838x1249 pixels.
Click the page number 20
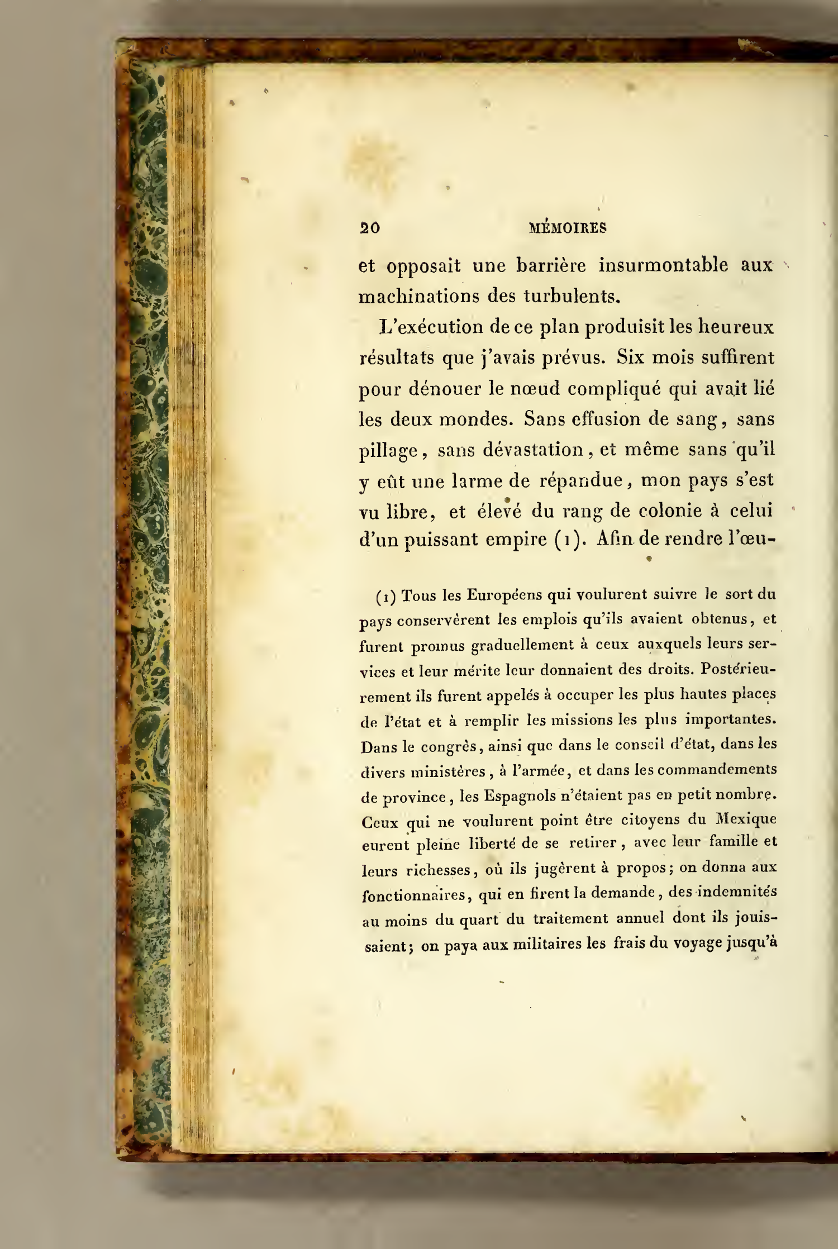(370, 228)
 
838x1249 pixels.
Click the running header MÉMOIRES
(567, 228)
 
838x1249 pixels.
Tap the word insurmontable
(663, 265)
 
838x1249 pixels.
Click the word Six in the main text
(630, 357)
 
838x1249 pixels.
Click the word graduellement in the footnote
(522, 645)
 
